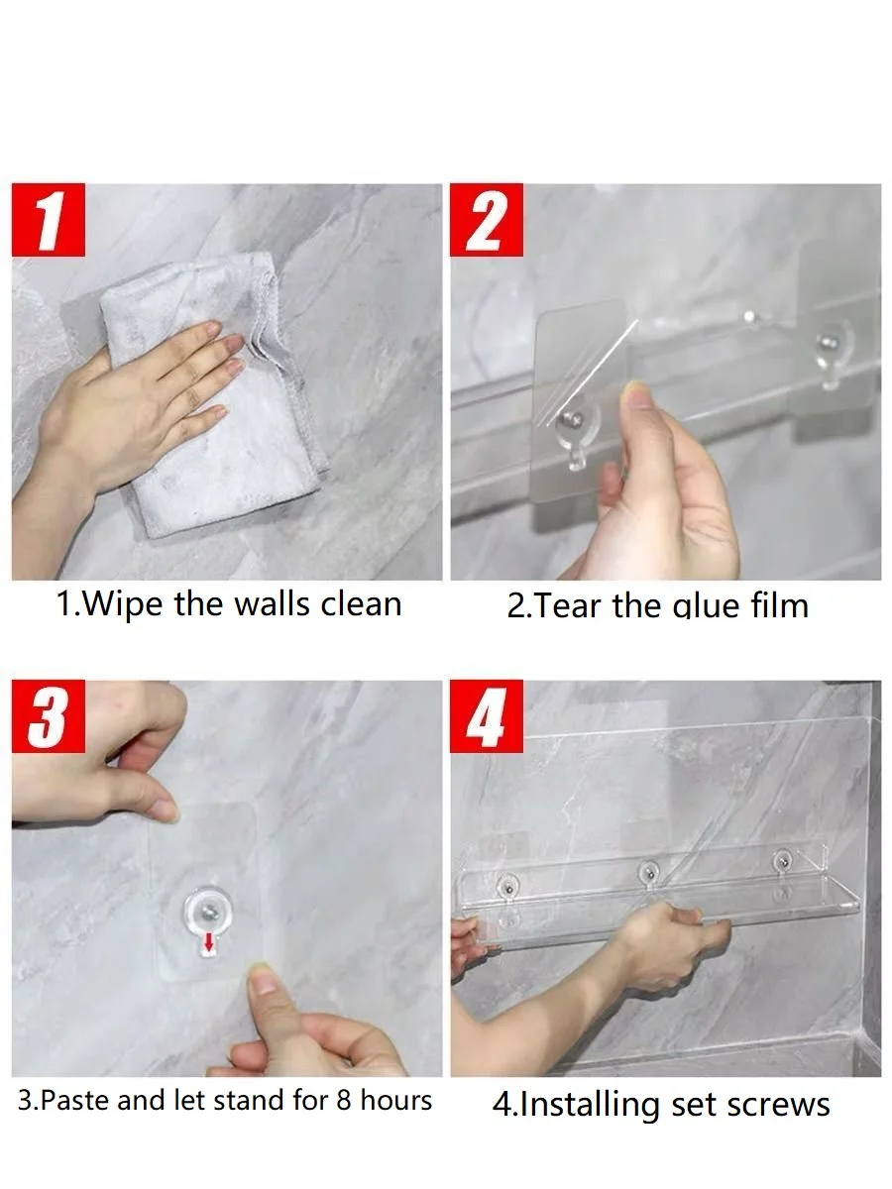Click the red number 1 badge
click(x=49, y=219)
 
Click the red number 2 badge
click(x=487, y=219)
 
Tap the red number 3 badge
click(x=49, y=716)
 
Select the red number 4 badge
click(x=487, y=716)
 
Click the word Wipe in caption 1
click(x=123, y=604)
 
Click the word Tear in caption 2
click(x=562, y=605)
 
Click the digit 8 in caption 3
click(x=344, y=1100)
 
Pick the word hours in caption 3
click(x=395, y=1100)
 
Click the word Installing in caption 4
click(x=590, y=1106)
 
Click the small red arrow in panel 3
click(x=208, y=944)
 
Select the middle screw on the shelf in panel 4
click(x=648, y=872)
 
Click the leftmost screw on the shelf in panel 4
click(x=508, y=888)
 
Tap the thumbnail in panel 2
click(x=639, y=396)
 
